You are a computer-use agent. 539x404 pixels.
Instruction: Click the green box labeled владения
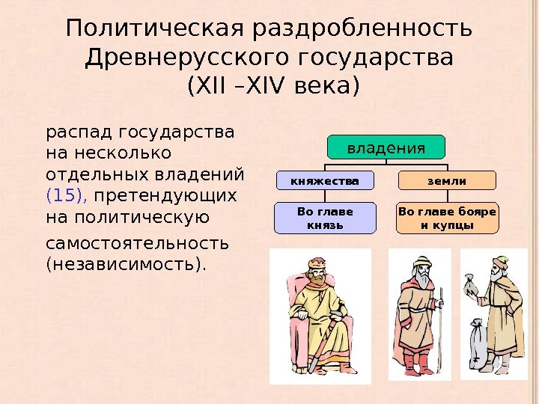tap(385, 147)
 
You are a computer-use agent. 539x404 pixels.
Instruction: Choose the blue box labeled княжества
tap(325, 180)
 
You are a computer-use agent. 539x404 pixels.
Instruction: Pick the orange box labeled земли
tap(447, 180)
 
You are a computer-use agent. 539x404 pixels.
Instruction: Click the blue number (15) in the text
tap(67, 197)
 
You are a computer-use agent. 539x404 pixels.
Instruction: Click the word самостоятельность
tap(138, 244)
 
